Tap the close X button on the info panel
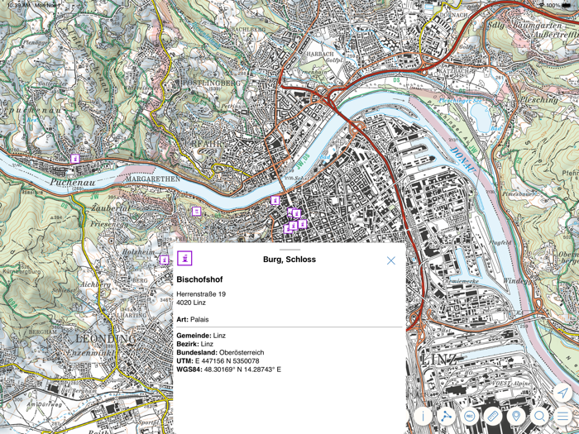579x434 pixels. click(391, 260)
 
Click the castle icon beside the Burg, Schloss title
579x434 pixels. click(184, 259)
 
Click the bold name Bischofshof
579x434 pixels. click(199, 280)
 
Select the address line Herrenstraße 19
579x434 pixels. click(201, 293)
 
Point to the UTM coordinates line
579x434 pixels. click(218, 361)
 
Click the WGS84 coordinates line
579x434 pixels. click(228, 370)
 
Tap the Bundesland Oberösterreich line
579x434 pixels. click(220, 352)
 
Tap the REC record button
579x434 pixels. click(470, 417)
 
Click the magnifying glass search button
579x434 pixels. click(539, 417)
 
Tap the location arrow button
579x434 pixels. click(562, 392)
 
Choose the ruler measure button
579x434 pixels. click(493, 417)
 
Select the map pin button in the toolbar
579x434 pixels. click(516, 417)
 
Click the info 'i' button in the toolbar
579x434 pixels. click(423, 417)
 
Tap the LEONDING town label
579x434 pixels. click(104, 339)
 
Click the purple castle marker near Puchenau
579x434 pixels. click(74, 158)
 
